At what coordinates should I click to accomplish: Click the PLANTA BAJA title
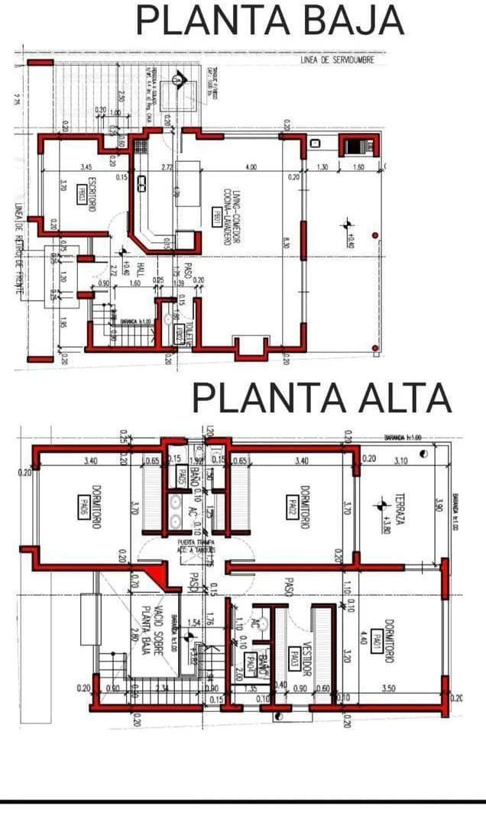269,21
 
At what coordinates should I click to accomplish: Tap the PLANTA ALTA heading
321,398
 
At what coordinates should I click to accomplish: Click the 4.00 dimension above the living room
251,167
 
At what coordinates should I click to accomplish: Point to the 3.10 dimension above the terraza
400,461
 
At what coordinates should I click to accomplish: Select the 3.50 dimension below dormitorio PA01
389,688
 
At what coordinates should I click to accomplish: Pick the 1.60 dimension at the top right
358,167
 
